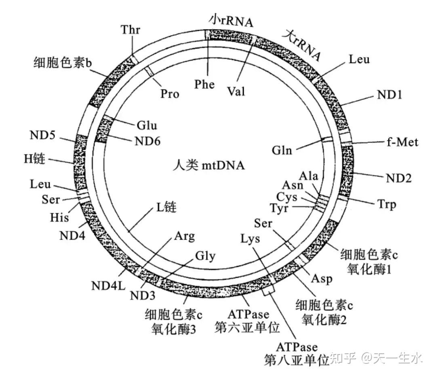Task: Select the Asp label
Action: [x=322, y=279]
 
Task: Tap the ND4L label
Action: [x=106, y=286]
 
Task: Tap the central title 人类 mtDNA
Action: [x=209, y=165]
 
